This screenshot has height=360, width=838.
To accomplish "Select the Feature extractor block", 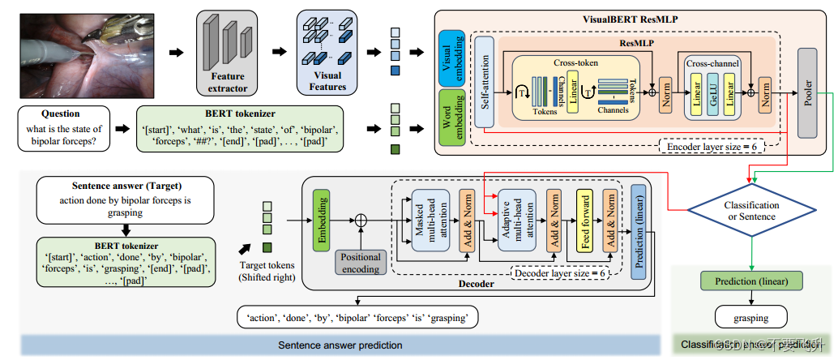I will [x=222, y=53].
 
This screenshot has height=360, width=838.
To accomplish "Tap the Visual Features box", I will [x=327, y=53].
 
